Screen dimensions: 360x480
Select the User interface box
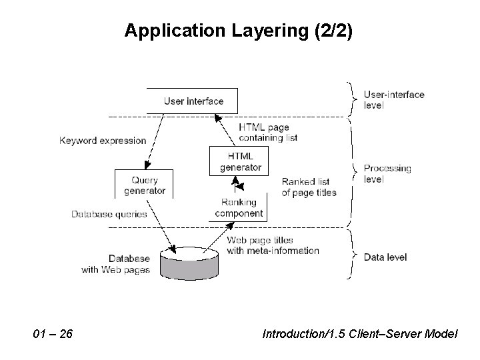coord(193,101)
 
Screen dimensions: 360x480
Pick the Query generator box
coord(145,185)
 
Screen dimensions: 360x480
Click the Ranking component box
coord(239,208)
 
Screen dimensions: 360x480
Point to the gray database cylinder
coord(189,261)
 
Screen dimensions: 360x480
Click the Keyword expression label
coord(103,141)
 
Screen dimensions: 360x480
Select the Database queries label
coord(109,214)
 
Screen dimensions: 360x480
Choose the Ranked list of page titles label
coord(309,187)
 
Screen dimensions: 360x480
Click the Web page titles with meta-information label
coord(273,245)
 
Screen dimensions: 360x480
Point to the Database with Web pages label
coord(115,263)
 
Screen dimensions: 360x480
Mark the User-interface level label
coord(393,99)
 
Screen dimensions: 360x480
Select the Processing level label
coord(387,173)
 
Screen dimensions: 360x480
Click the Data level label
coord(385,257)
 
